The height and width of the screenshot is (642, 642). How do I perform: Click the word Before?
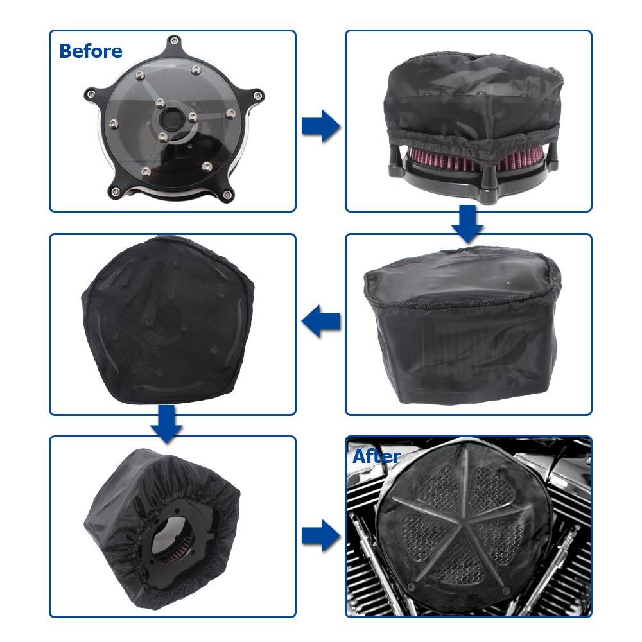click(x=91, y=51)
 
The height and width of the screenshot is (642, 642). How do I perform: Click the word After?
click(x=376, y=456)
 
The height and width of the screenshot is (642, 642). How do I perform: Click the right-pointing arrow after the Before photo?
click(x=320, y=125)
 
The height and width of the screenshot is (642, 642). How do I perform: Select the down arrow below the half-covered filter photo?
click(x=468, y=224)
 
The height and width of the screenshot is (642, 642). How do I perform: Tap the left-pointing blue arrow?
click(x=320, y=321)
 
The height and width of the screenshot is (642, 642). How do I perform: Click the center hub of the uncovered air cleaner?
click(x=172, y=119)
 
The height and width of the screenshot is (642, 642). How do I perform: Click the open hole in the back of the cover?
click(x=177, y=546)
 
